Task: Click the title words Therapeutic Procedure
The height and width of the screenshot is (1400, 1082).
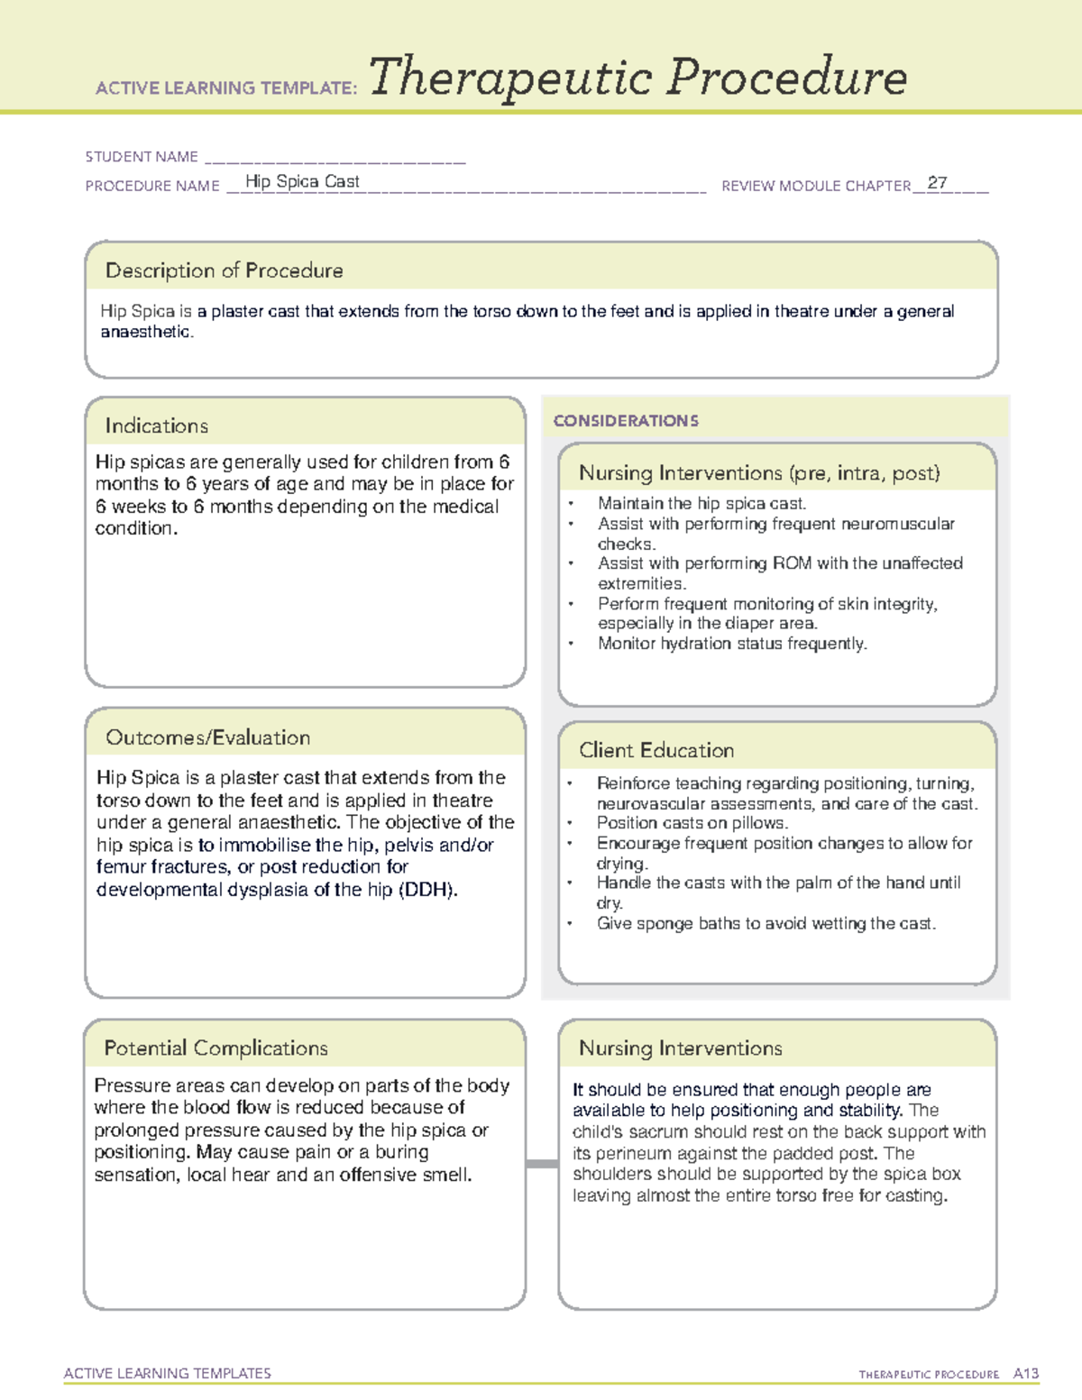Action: point(637,78)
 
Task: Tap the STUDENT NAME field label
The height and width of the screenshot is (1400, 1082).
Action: point(142,157)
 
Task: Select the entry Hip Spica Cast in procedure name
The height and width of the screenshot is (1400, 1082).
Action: point(302,181)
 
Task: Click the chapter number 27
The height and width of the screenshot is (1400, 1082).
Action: point(937,183)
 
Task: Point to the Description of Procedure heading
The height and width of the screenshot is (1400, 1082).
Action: point(224,270)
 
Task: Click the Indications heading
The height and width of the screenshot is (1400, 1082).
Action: point(156,425)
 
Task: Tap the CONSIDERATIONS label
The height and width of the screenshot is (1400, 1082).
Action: point(626,421)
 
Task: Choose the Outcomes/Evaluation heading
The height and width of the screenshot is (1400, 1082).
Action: point(207,737)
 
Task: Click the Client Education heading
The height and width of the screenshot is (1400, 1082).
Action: point(656,750)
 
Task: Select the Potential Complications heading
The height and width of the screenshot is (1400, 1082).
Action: point(215,1048)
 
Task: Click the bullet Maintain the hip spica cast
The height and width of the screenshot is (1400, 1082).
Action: point(701,504)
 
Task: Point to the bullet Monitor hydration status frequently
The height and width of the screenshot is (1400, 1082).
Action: point(731,644)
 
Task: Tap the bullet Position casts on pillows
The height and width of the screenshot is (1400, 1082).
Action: point(692,823)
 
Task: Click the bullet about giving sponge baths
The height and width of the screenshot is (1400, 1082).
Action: point(766,923)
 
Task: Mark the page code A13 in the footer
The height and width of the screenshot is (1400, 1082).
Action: point(1026,1374)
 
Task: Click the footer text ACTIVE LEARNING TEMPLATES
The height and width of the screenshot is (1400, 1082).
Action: point(168,1373)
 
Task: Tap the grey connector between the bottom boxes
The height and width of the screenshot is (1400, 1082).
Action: point(542,1164)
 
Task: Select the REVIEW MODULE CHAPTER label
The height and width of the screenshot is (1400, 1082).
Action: point(816,186)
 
